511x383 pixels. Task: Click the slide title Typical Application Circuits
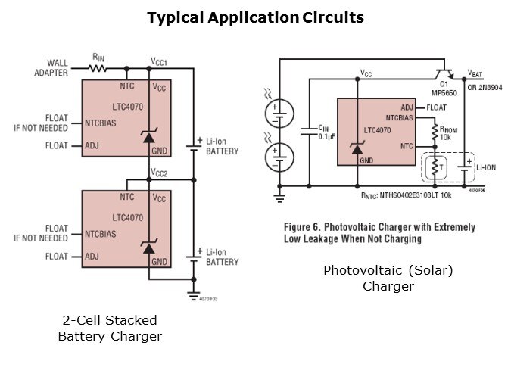click(x=255, y=17)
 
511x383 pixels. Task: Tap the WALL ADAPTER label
click(x=51, y=68)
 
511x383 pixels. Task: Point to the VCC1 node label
click(x=159, y=61)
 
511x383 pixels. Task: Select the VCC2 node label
click(x=159, y=173)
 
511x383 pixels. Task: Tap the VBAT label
click(x=475, y=74)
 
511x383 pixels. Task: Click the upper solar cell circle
click(x=274, y=114)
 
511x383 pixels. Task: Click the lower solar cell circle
click(x=274, y=159)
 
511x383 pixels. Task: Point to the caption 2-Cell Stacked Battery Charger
click(x=110, y=328)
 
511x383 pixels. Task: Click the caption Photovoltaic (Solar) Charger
click(x=388, y=278)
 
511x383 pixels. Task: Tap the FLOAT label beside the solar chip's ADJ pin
click(x=437, y=107)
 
